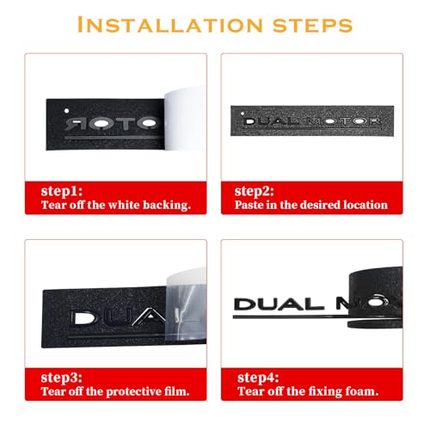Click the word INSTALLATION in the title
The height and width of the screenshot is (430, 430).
coord(169,25)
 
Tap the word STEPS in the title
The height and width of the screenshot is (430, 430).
coord(313,25)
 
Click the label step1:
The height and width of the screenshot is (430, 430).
coord(62,192)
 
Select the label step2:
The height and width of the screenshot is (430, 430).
coord(254,192)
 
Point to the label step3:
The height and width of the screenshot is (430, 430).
coord(62,378)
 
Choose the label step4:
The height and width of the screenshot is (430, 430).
coord(258,378)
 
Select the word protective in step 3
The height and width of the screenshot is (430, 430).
coord(134,392)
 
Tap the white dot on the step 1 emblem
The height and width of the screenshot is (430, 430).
coord(66,111)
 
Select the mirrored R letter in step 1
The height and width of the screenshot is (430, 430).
coord(73,124)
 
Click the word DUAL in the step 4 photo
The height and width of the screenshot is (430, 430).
coord(279,304)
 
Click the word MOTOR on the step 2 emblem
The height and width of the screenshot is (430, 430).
coord(344,121)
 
